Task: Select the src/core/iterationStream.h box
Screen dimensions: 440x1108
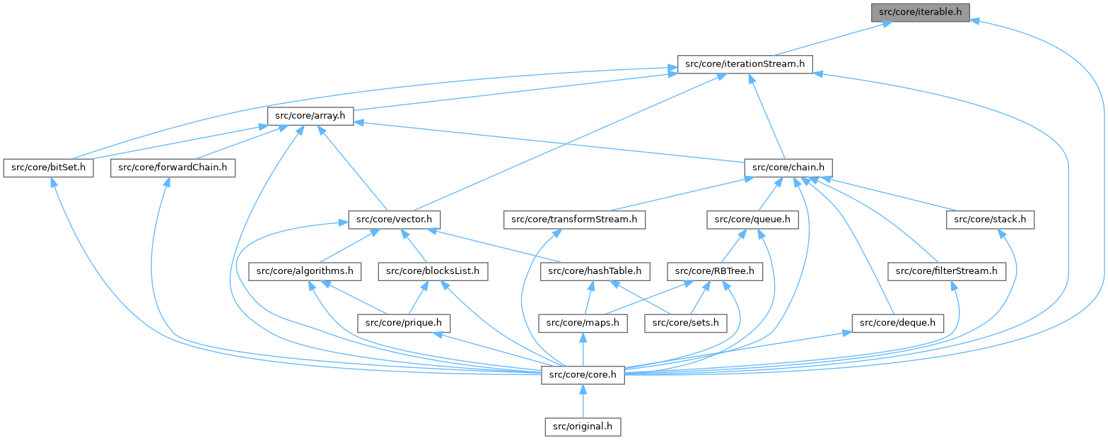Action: (745, 64)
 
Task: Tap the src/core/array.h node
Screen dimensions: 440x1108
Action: (310, 117)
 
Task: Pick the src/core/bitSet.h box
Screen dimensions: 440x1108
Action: (49, 168)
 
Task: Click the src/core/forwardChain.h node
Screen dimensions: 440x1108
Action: (173, 168)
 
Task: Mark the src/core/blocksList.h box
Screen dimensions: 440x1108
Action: (433, 271)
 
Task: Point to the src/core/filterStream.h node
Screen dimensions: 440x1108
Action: (947, 271)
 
